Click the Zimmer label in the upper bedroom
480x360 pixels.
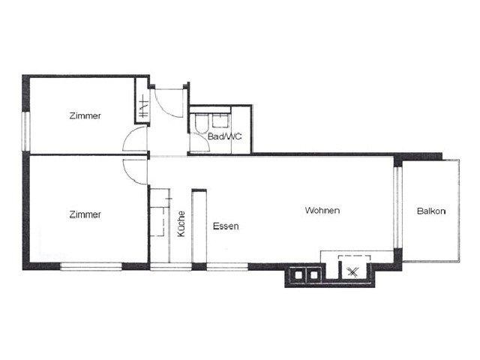tap(85, 116)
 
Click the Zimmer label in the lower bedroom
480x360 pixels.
tap(85, 214)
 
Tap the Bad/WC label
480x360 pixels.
tap(225, 136)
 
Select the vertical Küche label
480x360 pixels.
tap(181, 223)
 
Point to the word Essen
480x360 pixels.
tap(226, 226)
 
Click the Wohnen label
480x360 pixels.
tap(322, 211)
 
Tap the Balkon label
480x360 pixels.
tap(431, 211)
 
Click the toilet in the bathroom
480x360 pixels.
tap(201, 124)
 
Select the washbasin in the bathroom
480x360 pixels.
tap(220, 121)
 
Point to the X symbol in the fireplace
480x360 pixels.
tap(352, 271)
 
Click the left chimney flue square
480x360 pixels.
tap(298, 274)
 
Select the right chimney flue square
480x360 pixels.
tap(313, 274)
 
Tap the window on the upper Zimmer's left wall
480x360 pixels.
tap(27, 132)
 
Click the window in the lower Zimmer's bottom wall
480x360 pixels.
tap(91, 267)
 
